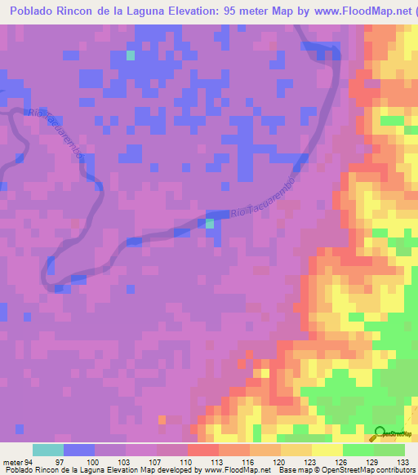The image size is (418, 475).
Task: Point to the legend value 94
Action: [x=30, y=461]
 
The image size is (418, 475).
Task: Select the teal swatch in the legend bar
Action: [x=48, y=450]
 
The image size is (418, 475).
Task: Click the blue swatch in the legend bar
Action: [x=79, y=450]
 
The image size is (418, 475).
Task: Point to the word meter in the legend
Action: [x=11, y=461]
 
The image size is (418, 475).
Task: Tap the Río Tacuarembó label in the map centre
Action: [x=261, y=201]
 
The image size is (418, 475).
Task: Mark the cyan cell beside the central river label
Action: [x=210, y=222]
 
